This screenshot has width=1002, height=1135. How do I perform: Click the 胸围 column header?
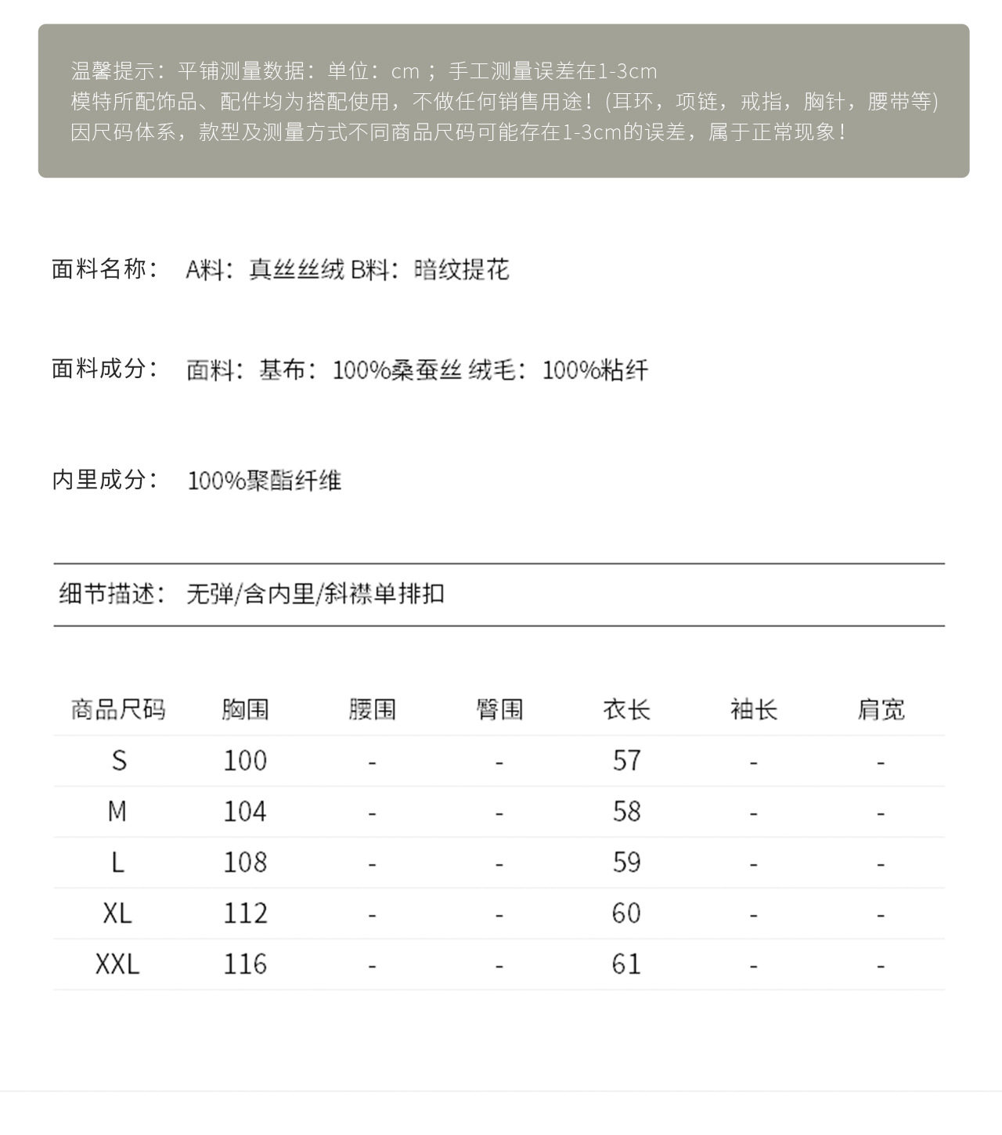tap(245, 709)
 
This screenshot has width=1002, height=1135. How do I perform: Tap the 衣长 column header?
tap(626, 709)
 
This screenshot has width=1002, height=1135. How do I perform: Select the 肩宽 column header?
tap(881, 709)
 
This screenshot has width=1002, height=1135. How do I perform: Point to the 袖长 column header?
tap(753, 709)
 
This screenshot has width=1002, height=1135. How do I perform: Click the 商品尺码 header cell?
tap(118, 709)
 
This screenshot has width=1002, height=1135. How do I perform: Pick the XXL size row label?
tap(117, 964)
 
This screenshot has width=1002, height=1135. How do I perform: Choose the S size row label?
tap(118, 760)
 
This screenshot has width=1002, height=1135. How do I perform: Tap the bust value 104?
tap(245, 811)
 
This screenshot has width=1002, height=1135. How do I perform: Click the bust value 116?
tap(245, 964)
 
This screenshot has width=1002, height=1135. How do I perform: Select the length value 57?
tap(626, 760)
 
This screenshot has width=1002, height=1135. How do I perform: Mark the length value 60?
tap(626, 913)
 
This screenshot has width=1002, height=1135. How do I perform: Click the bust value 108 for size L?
tap(245, 862)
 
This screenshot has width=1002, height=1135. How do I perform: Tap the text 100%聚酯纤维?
tap(265, 480)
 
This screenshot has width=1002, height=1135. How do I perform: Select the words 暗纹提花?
tap(461, 269)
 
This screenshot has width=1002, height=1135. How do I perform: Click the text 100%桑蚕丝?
tap(397, 369)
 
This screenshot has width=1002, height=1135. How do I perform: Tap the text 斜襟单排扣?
tap(384, 593)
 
